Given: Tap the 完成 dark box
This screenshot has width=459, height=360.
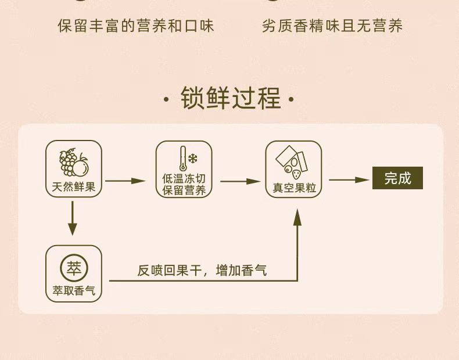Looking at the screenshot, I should tap(397, 178).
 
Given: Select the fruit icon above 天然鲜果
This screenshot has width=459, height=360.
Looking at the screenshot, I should tap(74, 162).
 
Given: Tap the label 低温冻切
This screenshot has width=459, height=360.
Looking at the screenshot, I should tap(184, 179).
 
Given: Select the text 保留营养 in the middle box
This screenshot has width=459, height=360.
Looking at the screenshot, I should tap(184, 191).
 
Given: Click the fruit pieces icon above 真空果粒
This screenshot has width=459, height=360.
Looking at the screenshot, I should tap(293, 162).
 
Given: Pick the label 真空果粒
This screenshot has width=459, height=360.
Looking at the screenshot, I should tap(294, 189).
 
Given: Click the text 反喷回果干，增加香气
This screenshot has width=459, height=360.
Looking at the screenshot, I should tap(202, 270).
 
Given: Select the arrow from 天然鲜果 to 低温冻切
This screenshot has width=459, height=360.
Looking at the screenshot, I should tap(125, 181).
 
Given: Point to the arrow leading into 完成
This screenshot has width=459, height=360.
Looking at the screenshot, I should tap(349, 179).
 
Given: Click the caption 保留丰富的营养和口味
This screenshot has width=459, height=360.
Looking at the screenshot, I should tap(136, 26).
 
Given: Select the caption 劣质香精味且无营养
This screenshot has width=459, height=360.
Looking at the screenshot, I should tap(332, 26).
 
